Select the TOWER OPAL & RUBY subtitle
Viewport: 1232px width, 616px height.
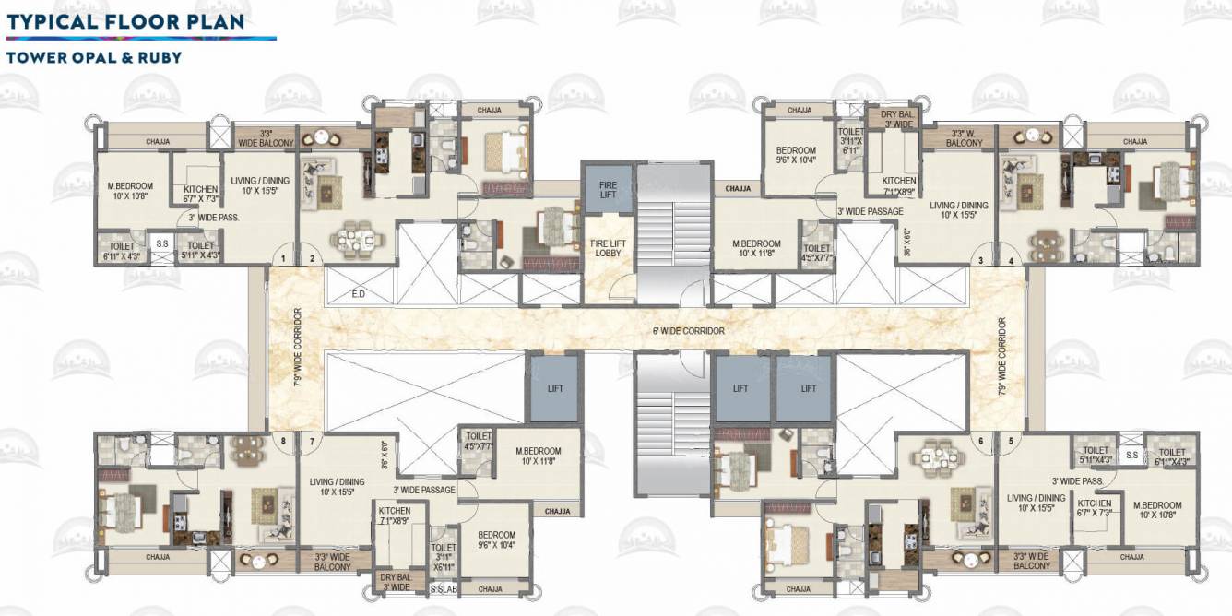pyautogui.click(x=93, y=57)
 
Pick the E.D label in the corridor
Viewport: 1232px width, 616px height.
pyautogui.click(x=360, y=295)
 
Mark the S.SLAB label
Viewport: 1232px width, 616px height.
pyautogui.click(x=444, y=588)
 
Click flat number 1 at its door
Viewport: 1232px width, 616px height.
pyautogui.click(x=284, y=259)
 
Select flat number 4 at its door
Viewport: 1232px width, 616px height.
pyautogui.click(x=1011, y=260)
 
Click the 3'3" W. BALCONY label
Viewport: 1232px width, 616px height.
pyautogui.click(x=965, y=138)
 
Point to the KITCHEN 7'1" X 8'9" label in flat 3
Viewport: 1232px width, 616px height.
pyautogui.click(x=898, y=186)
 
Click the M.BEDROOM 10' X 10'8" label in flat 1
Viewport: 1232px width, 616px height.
pyautogui.click(x=130, y=191)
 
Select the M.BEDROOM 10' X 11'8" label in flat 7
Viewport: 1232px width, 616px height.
pyautogui.click(x=539, y=456)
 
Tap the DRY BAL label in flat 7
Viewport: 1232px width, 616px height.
pyautogui.click(x=396, y=582)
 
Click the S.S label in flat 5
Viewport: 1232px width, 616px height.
pyautogui.click(x=1131, y=455)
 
